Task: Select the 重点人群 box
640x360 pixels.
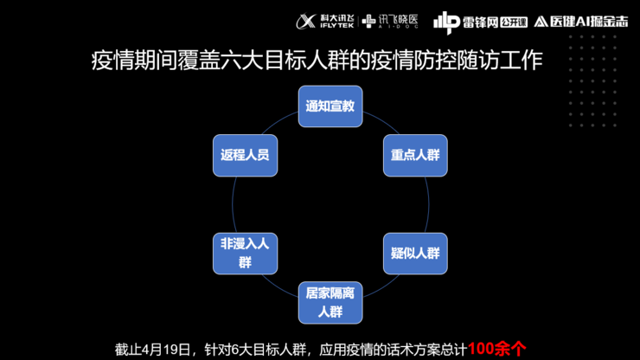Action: pos(415,156)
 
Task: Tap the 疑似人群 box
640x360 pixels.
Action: pos(415,254)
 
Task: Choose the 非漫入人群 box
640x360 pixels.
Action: pos(245,253)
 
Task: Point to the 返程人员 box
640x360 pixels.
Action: pos(245,156)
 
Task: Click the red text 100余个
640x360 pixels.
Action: pos(496,349)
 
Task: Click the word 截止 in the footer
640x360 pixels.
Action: pos(128,349)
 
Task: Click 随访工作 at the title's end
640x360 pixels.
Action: pos(511,61)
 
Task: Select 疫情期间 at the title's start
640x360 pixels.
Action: pos(126,61)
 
